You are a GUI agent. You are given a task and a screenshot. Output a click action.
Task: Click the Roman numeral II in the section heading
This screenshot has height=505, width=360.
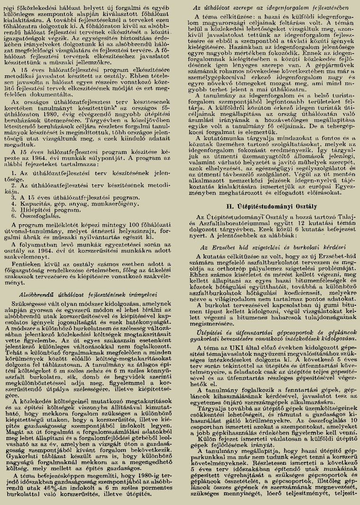pos(230,207)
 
